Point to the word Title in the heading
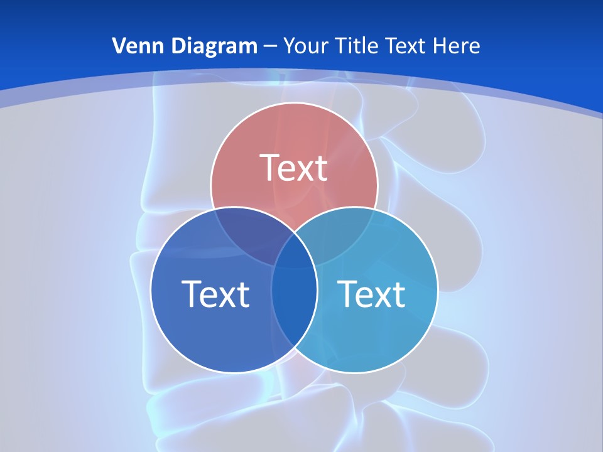click(x=356, y=46)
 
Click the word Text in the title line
click(x=405, y=46)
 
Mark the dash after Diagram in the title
click(x=270, y=46)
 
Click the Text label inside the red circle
click(x=294, y=168)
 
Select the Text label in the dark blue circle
click(x=215, y=293)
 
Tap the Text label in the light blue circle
click(x=372, y=293)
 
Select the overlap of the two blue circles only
click(x=294, y=308)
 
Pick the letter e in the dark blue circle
click(x=207, y=296)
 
